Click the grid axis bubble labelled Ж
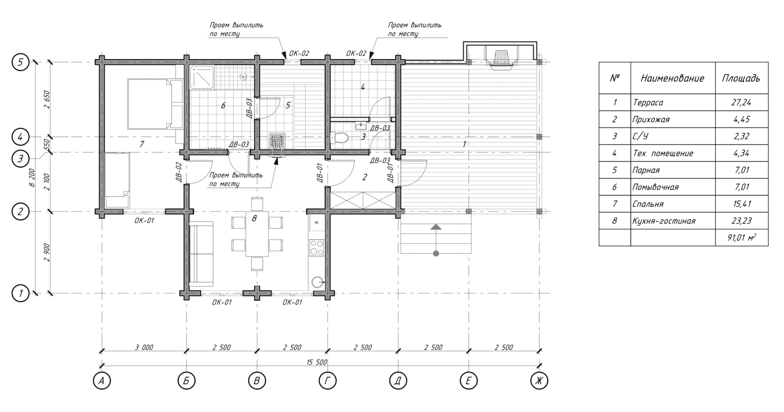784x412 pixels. [539, 381]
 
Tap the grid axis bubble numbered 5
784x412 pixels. [20, 62]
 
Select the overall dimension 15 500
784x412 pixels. [317, 362]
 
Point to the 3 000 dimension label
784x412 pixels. [144, 347]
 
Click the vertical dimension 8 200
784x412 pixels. [32, 178]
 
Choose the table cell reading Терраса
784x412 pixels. [648, 102]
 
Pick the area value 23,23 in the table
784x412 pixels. [741, 221]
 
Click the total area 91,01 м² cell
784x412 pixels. [741, 238]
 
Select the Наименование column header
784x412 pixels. [672, 78]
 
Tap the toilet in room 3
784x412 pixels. [339, 137]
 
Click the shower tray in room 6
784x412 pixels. [202, 77]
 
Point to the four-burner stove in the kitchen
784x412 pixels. [316, 248]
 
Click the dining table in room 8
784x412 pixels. [257, 233]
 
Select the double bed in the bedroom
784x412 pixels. [155, 104]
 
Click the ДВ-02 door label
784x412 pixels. [179, 172]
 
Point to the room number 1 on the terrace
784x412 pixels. [465, 144]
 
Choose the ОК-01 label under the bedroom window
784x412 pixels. [144, 221]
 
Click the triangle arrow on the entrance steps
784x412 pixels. [436, 227]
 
